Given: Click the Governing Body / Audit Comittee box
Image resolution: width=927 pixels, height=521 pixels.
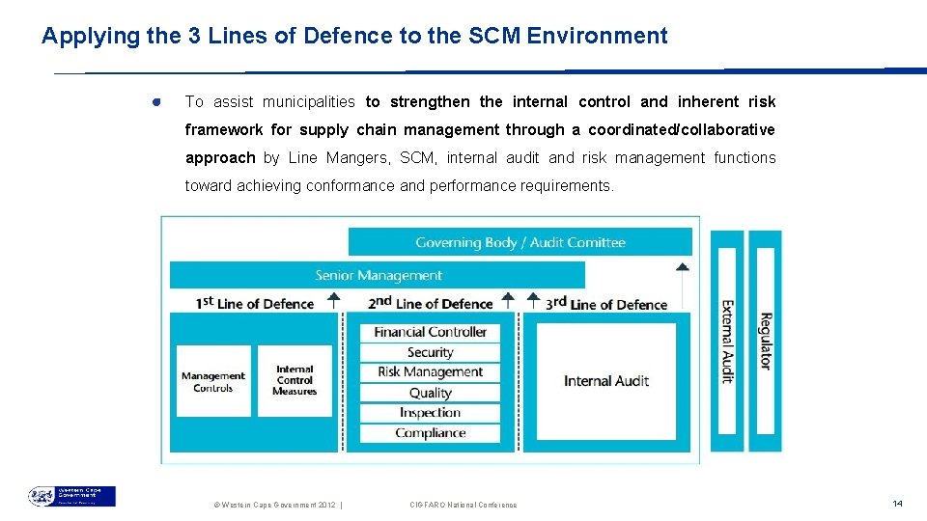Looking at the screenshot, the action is [520, 242].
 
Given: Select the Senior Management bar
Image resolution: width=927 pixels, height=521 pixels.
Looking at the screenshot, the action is [379, 275].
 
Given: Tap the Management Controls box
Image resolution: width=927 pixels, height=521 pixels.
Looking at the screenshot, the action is [212, 382].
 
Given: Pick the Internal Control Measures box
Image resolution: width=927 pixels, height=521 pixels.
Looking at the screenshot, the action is [295, 381].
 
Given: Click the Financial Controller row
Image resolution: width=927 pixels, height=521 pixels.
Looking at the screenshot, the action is [430, 332].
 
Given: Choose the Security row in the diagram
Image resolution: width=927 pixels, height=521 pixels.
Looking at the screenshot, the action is [430, 352].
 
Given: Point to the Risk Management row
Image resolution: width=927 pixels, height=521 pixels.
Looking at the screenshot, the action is [430, 372].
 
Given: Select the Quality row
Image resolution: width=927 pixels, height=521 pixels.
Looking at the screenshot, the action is [430, 393].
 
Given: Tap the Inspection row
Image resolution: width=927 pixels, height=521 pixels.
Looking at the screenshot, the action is [430, 413].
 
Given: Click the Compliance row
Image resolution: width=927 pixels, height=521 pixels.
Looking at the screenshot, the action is [430, 433].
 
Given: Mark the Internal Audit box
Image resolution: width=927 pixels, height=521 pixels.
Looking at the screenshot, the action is [606, 381].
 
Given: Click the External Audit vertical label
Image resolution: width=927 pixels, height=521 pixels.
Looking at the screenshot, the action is [728, 342].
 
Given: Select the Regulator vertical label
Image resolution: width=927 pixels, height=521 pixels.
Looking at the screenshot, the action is [765, 342].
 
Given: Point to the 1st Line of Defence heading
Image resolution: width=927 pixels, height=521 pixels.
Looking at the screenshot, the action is [255, 303].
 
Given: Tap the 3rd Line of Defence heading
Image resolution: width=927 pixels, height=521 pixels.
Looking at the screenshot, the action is [607, 303].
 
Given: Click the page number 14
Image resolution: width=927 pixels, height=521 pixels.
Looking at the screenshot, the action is [897, 504].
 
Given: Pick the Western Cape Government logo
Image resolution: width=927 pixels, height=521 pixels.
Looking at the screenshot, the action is [71, 496].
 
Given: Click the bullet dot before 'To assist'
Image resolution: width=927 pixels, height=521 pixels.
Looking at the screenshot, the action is [155, 102].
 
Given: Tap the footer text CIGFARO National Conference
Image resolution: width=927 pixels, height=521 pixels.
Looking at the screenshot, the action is [463, 505].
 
